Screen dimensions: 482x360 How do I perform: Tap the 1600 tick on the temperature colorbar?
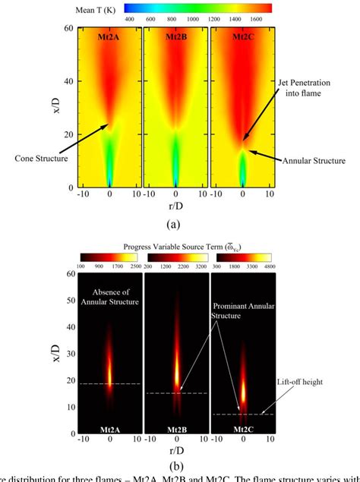pos(253,17)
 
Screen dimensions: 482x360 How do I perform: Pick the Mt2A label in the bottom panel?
pos(110,430)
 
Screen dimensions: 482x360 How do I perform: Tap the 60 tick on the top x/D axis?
pos(69,28)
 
